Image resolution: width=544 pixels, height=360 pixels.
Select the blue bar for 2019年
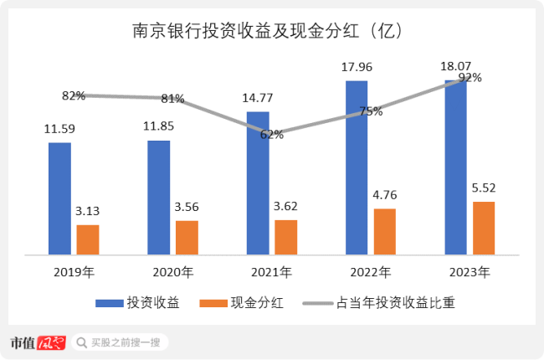[59, 198]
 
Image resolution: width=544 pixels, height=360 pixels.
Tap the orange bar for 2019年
[88, 239]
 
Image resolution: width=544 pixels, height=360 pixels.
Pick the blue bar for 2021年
[258, 182]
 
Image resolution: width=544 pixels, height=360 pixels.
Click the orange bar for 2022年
[385, 230]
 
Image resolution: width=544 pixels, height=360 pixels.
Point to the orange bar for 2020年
[187, 237]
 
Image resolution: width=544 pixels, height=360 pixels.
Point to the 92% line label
[470, 78]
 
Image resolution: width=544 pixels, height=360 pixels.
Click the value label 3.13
[88, 211]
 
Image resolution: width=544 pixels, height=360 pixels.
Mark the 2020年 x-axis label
[173, 272]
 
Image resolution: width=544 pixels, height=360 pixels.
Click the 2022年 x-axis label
[371, 272]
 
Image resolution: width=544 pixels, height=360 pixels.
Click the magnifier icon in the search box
[81, 342]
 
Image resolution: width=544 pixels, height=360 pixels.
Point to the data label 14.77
[258, 99]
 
